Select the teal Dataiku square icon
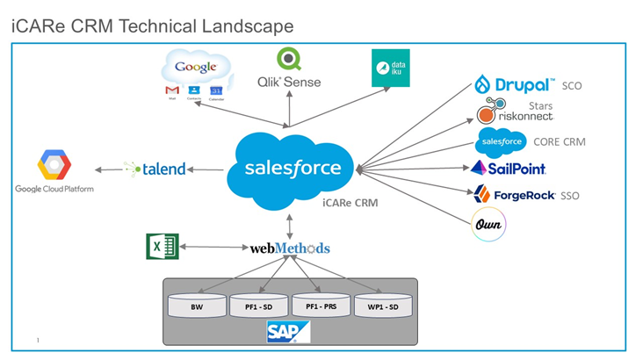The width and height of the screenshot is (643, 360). point(390,68)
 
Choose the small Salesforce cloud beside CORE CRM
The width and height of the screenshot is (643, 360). point(500,140)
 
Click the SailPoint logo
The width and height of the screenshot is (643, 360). point(509,168)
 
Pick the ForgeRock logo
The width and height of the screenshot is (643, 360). point(514,194)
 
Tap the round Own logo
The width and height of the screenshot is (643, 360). point(488,224)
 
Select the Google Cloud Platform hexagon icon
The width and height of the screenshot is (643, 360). point(53,164)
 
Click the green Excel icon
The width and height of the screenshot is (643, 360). point(163,247)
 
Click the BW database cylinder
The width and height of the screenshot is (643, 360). point(197,306)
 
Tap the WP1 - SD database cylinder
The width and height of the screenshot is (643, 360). point(383,306)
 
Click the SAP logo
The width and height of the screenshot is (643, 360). point(288,331)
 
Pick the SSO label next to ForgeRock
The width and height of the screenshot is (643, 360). point(570,195)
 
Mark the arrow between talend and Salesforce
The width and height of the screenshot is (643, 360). point(206,169)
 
